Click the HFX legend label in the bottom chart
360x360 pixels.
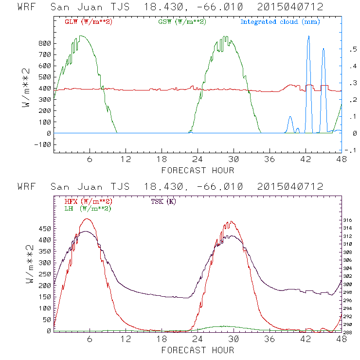88,201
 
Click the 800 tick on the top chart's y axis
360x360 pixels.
45,43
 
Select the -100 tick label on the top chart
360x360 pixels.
43,144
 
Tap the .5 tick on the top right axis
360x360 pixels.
350,50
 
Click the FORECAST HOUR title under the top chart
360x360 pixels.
198,170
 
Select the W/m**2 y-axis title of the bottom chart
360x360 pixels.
29,266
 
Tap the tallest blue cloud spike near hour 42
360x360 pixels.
308,37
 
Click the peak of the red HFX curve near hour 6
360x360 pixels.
87,219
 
